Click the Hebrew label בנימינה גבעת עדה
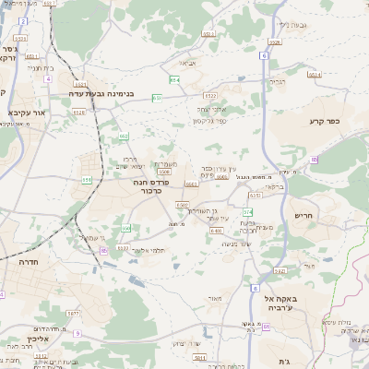[x=102, y=93]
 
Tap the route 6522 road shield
[x=210, y=95]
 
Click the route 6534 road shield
[x=313, y=73]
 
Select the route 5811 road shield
[x=197, y=355]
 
